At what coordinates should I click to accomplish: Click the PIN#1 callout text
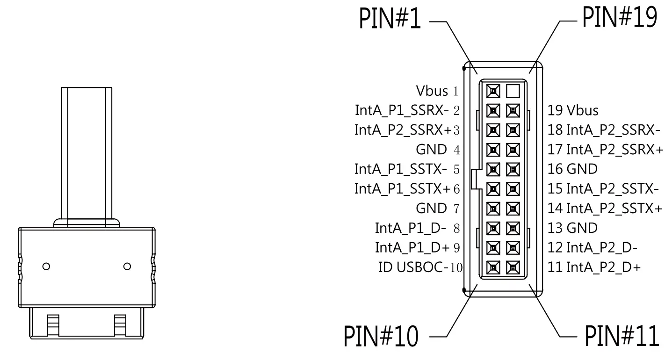pyautogui.click(x=389, y=18)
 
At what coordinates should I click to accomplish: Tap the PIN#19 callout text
pyautogui.click(x=619, y=18)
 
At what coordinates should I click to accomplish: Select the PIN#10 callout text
pyautogui.click(x=381, y=336)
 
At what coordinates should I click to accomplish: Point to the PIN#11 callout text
pyautogui.click(x=622, y=336)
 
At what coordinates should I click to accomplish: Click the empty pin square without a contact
pyautogui.click(x=513, y=90)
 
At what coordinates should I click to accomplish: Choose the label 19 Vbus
pyautogui.click(x=573, y=110)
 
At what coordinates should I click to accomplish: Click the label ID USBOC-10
pyautogui.click(x=420, y=267)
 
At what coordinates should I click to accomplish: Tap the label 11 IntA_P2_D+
pyautogui.click(x=594, y=267)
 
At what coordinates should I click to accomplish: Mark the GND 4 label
pyautogui.click(x=438, y=150)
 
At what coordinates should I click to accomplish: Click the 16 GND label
pyautogui.click(x=572, y=169)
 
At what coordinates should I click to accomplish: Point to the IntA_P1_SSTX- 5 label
pyautogui.click(x=407, y=169)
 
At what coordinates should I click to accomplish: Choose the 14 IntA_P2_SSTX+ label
pyautogui.click(x=605, y=208)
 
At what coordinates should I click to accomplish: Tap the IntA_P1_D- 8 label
pyautogui.click(x=418, y=228)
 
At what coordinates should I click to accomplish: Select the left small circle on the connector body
pyautogui.click(x=46, y=266)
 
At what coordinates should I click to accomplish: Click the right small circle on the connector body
pyautogui.click(x=127, y=266)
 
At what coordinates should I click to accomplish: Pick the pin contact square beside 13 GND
pyautogui.click(x=513, y=228)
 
